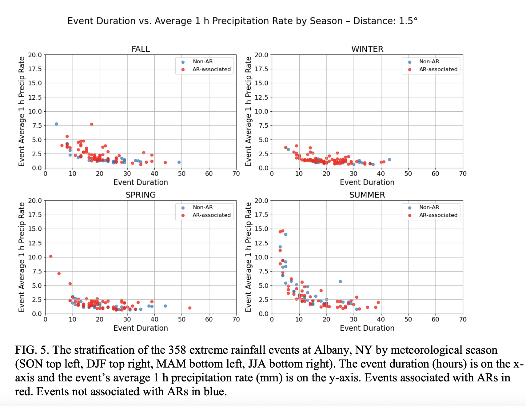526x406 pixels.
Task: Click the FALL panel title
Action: pyautogui.click(x=141, y=49)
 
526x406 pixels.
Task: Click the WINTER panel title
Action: pyautogui.click(x=367, y=49)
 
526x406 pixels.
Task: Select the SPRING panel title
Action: pyautogui.click(x=141, y=195)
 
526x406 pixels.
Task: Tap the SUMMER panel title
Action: pyautogui.click(x=367, y=195)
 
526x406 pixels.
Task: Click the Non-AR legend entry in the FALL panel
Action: pyautogui.click(x=202, y=62)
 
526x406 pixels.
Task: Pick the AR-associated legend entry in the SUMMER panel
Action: pyautogui.click(x=438, y=215)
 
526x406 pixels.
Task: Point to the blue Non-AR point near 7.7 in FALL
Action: pyautogui.click(x=56, y=124)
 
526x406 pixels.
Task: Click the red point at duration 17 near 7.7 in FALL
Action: pyautogui.click(x=92, y=124)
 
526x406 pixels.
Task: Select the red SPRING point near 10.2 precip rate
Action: pyautogui.click(x=51, y=256)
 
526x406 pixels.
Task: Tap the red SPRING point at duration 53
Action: pyautogui.click(x=190, y=308)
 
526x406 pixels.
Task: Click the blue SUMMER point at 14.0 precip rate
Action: pyautogui.click(x=285, y=234)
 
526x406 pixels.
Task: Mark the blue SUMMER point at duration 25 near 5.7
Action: pyautogui.click(x=340, y=281)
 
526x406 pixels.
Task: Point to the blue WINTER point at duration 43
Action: pyautogui.click(x=389, y=160)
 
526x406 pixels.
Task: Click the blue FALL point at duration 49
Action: pyautogui.click(x=179, y=162)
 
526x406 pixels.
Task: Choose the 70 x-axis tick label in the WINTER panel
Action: pyautogui.click(x=463, y=174)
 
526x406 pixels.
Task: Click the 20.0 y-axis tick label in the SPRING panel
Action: pyautogui.click(x=35, y=201)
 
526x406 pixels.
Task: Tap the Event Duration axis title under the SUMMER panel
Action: pyautogui.click(x=367, y=328)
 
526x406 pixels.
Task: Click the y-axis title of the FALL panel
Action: pyautogui.click(x=22, y=111)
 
